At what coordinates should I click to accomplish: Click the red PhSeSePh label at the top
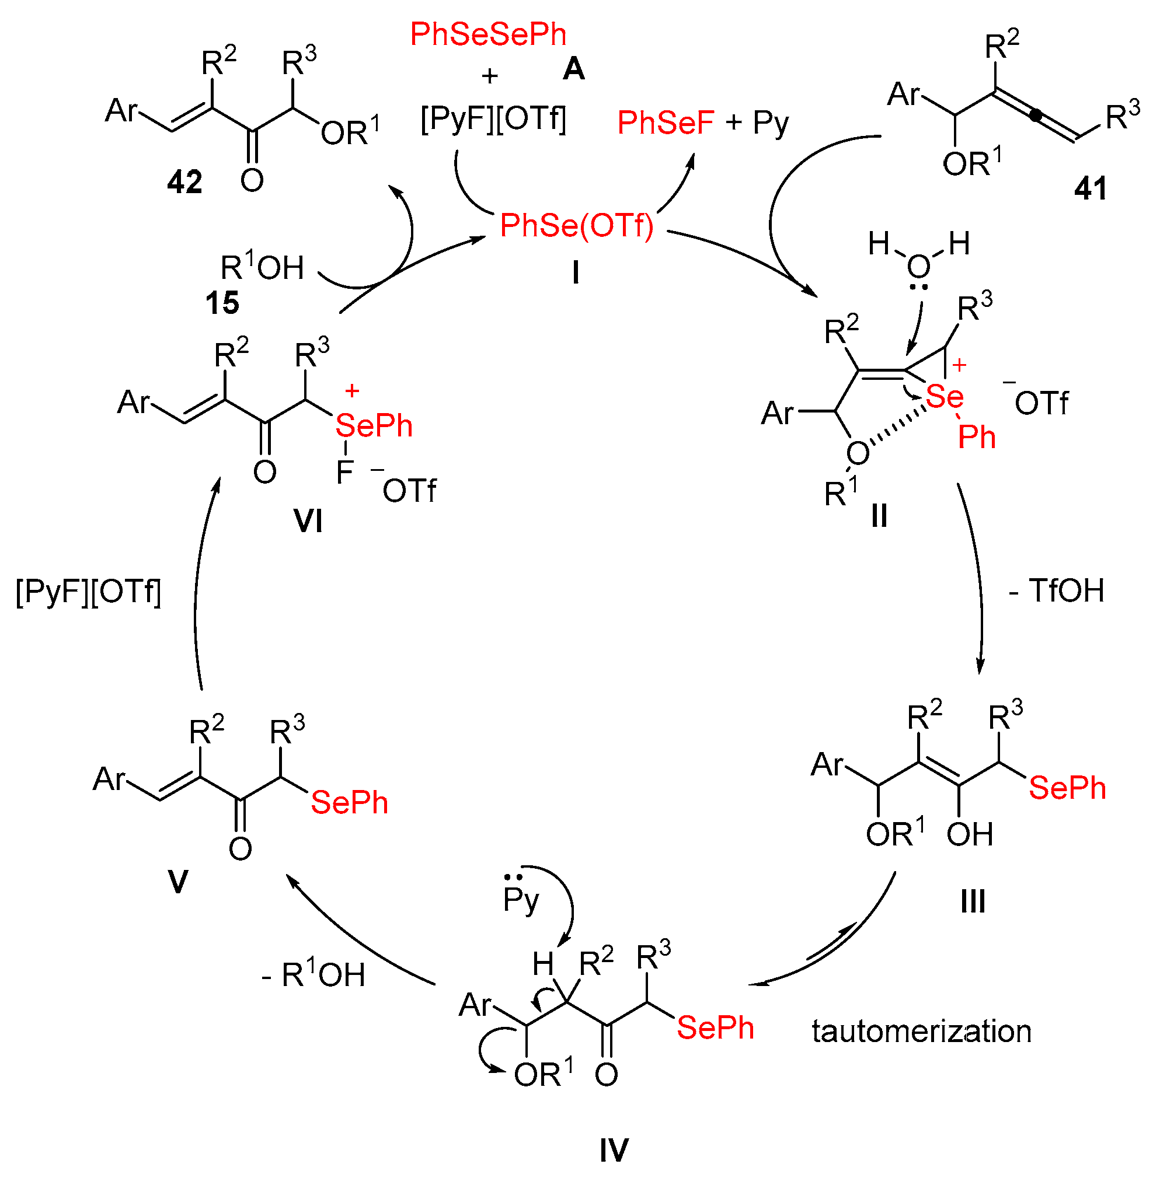point(488,34)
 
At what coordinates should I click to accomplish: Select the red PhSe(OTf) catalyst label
point(577,226)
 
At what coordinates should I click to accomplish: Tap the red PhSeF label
point(666,123)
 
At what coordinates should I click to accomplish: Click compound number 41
point(1091,189)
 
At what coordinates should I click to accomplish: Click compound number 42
point(184,182)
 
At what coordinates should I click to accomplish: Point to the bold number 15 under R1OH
point(222,303)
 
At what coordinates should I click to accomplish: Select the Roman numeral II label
point(879,516)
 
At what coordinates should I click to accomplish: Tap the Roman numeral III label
point(973,902)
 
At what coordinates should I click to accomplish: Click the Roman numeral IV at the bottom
point(614,1150)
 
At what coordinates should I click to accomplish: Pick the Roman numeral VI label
point(308,521)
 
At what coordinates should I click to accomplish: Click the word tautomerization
point(922,1032)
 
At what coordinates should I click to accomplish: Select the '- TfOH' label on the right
point(1057,591)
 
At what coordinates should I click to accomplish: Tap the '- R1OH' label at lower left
point(313,975)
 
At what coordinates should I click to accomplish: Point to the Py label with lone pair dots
point(520,900)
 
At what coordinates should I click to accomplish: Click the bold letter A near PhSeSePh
point(573,69)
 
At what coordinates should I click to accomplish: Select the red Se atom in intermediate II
point(945,397)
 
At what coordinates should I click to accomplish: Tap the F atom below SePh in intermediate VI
point(344,472)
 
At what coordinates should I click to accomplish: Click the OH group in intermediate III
point(970,834)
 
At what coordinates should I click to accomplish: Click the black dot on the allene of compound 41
point(1037,114)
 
